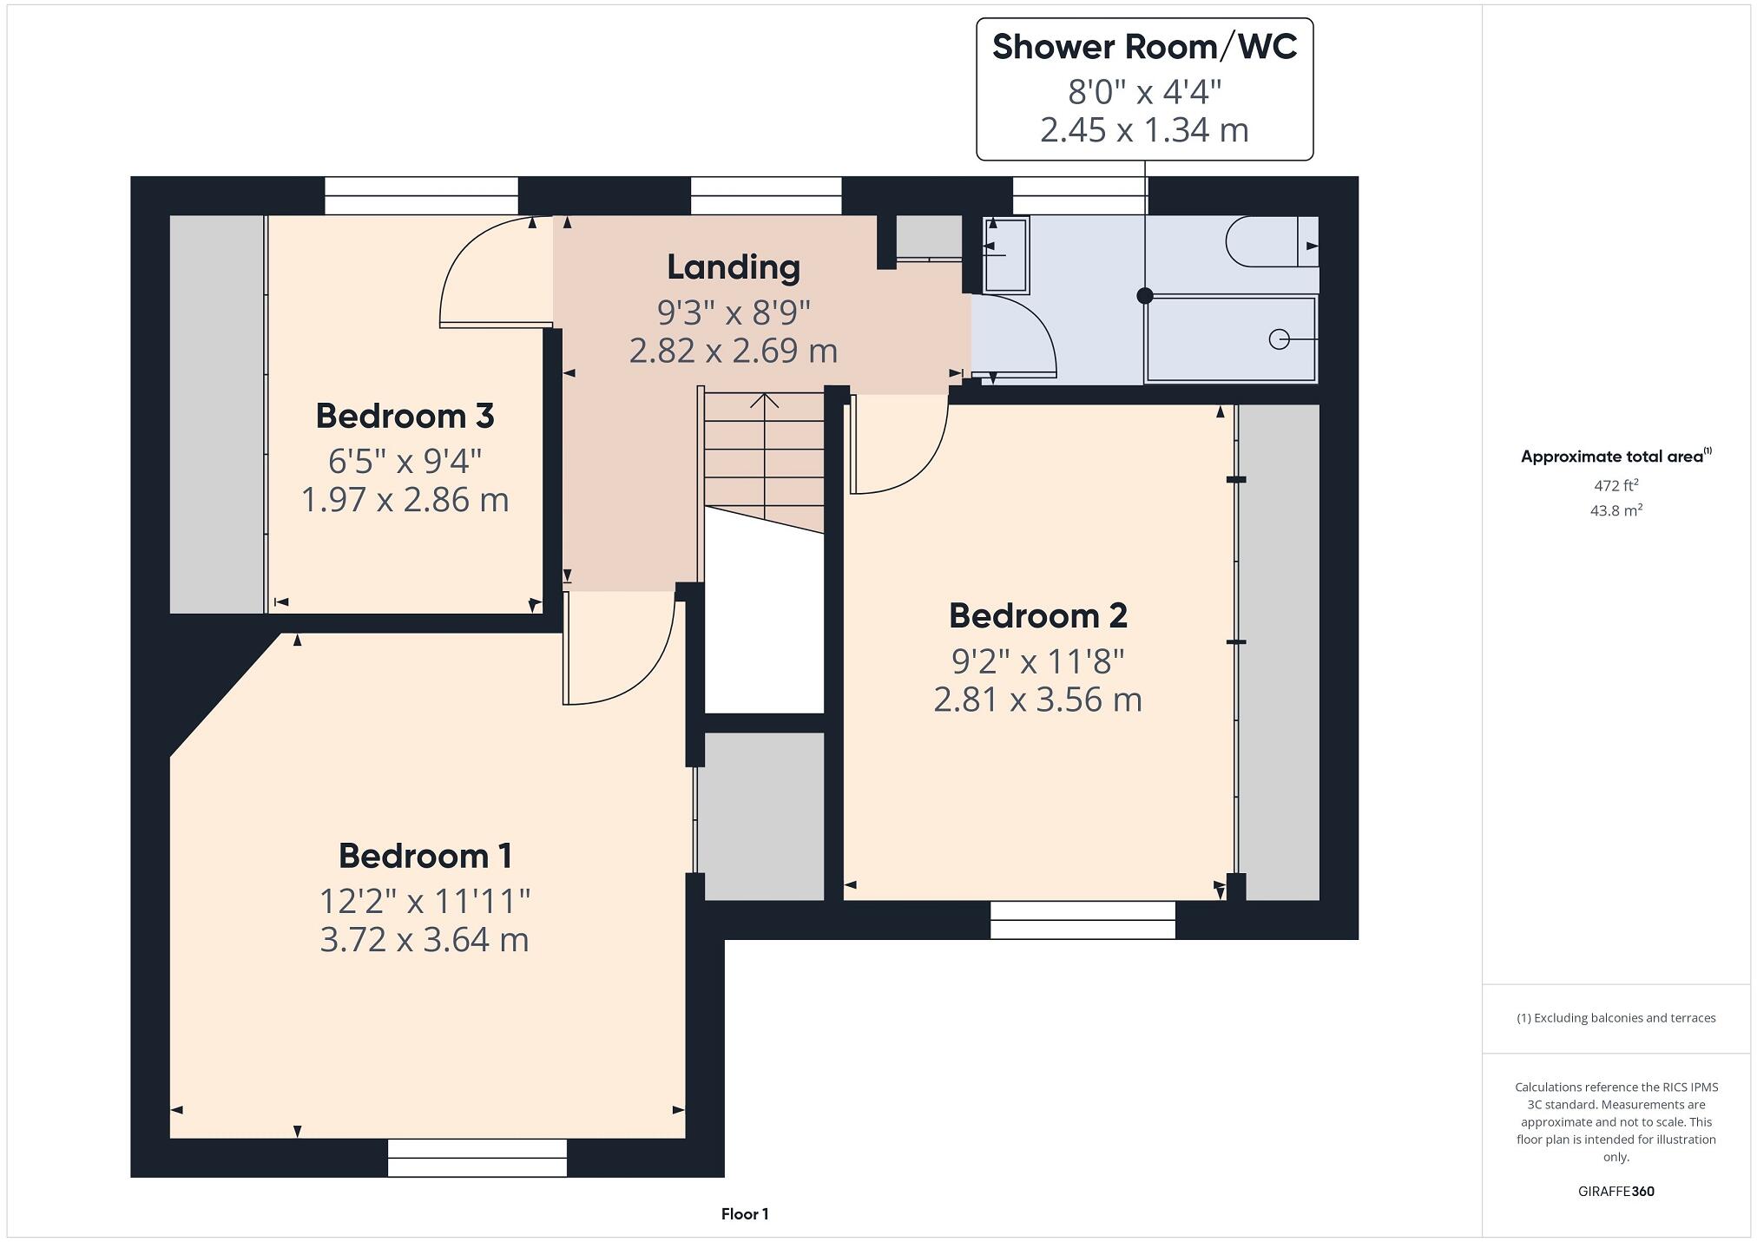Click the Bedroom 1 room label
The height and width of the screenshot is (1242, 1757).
coord(424,856)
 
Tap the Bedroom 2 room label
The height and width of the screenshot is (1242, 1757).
coord(1037,616)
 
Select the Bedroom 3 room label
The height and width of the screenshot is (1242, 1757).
coord(405,417)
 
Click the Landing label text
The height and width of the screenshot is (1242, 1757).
coord(733,267)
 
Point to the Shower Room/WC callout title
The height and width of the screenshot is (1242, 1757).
coord(1144,48)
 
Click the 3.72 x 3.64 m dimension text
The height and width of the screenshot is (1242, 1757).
coord(424,940)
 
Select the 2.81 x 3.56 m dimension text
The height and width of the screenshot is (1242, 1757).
coord(1037,700)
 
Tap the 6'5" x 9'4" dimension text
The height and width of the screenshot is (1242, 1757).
coord(405,461)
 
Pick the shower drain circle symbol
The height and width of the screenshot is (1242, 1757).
coord(1279,339)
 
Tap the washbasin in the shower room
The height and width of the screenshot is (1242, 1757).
coord(1006,255)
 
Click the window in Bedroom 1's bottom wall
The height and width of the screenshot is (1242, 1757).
coord(477,1158)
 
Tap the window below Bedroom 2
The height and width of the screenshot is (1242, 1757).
coord(1082,920)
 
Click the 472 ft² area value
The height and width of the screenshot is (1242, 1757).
coord(1616,486)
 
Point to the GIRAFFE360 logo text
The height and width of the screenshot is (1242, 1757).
coord(1616,1192)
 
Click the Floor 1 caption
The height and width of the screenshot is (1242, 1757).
coord(745,1214)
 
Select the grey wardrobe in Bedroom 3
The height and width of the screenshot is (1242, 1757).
coord(216,415)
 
